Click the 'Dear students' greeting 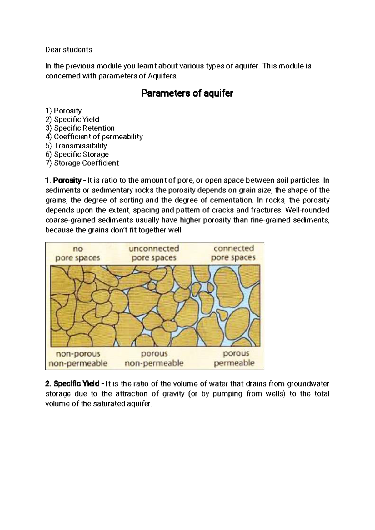69,50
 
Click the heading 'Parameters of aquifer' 187,93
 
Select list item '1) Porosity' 63,111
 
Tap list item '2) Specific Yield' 72,119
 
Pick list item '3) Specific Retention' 80,128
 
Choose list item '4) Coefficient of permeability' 94,137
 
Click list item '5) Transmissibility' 76,146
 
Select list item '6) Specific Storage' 77,154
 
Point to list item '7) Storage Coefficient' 82,163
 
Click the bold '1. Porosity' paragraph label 63,181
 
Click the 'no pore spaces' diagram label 78,253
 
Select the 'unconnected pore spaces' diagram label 154,253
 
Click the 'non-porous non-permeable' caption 78,359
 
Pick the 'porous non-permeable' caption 154,358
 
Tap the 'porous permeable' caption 234,358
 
